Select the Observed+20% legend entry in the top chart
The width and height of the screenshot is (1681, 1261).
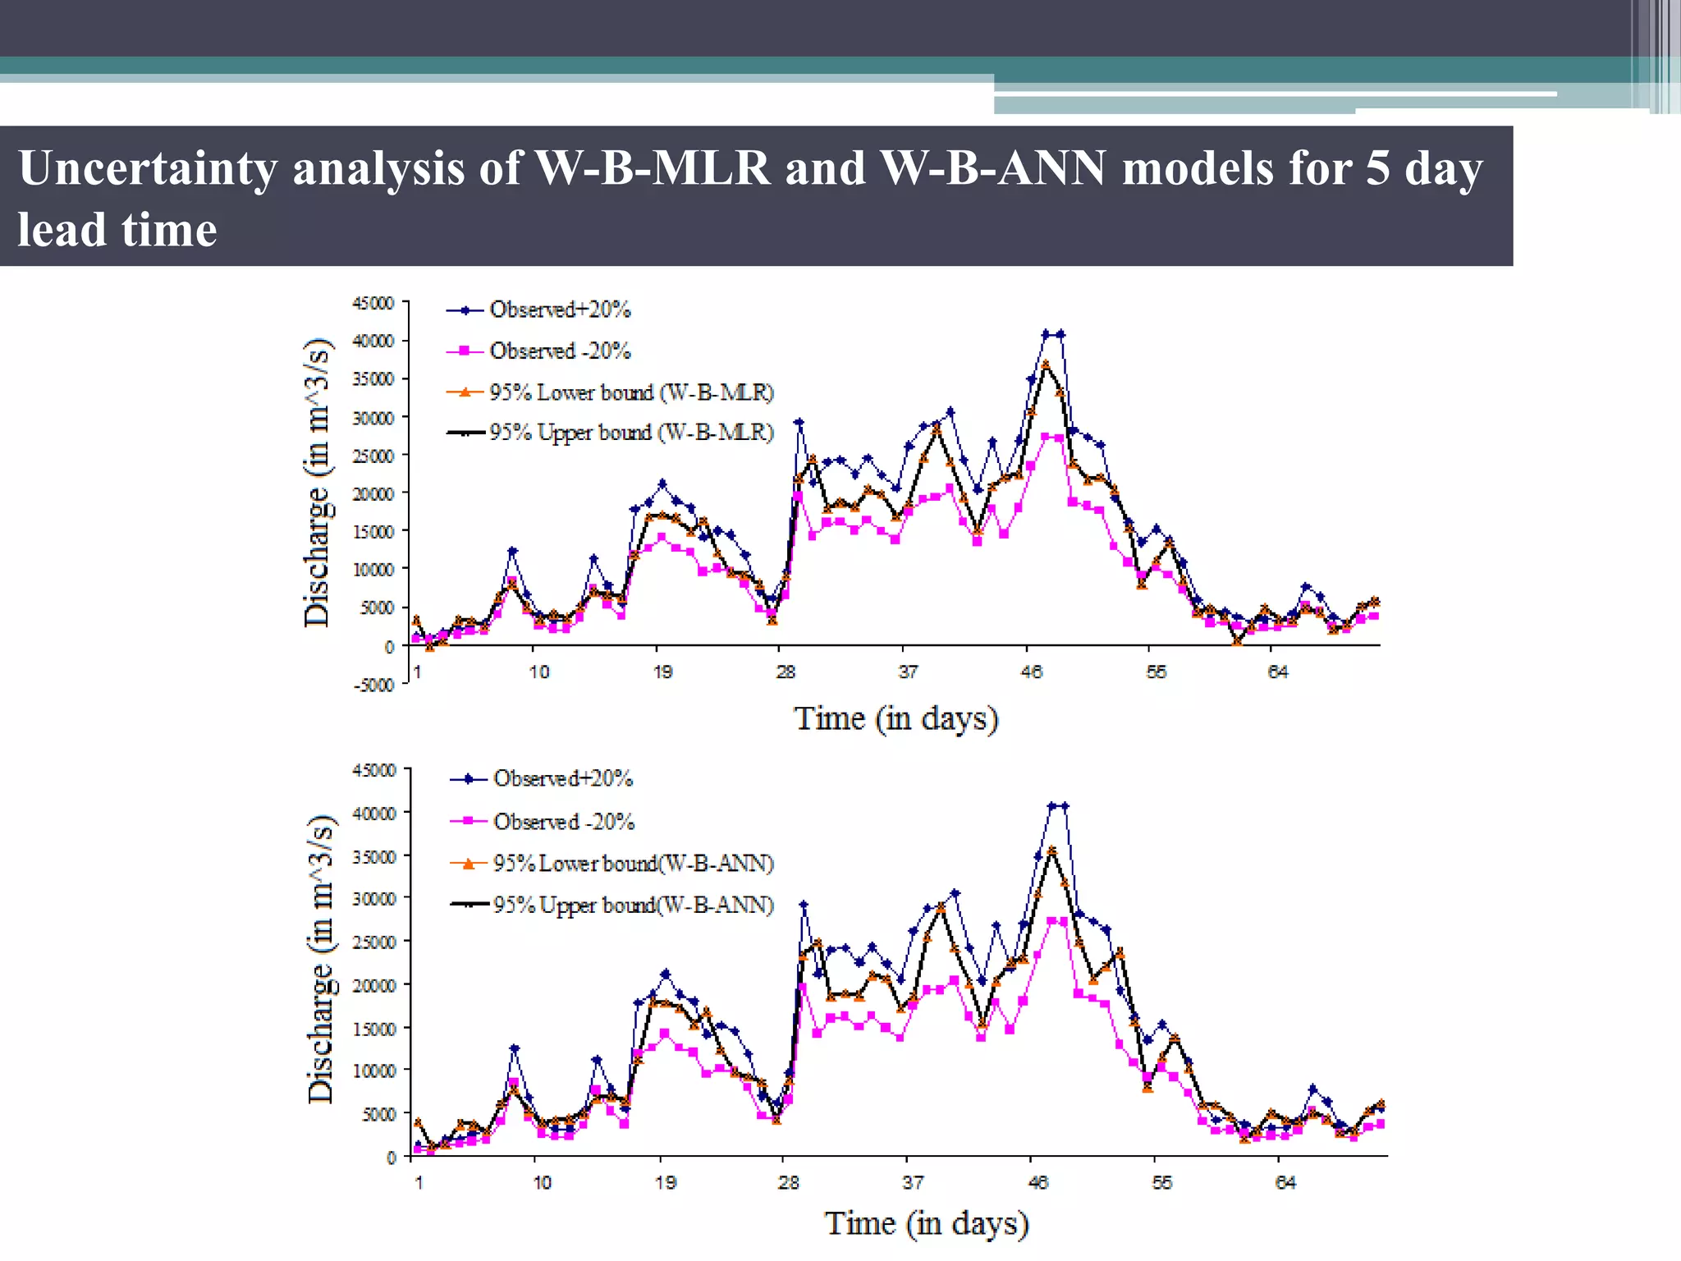559,310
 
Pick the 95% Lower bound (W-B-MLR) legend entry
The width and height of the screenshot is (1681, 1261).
630,392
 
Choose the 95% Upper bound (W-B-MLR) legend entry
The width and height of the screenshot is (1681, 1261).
630,433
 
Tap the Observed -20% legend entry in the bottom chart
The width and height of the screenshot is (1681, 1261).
563,822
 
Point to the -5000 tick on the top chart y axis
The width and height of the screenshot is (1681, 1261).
374,685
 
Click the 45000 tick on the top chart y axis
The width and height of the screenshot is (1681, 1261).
373,303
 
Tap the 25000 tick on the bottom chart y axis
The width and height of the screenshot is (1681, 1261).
374,942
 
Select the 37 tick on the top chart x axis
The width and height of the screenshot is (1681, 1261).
908,672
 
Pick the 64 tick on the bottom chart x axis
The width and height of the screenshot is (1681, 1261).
1285,1183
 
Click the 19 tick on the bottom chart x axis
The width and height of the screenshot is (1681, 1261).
666,1183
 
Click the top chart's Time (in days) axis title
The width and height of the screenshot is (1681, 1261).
895,718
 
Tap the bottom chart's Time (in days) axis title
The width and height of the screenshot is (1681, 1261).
926,1223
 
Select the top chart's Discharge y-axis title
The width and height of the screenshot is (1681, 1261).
317,483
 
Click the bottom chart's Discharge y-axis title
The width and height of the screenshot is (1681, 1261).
320,959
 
